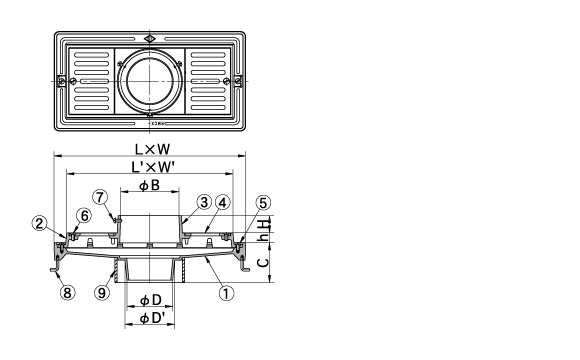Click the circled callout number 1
click(x=226, y=293)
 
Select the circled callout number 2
click(x=39, y=223)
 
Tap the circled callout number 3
click(x=204, y=202)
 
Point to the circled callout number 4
click(x=222, y=202)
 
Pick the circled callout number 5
click(x=263, y=203)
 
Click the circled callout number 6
click(x=84, y=216)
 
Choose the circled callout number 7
click(x=100, y=197)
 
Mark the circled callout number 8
click(x=67, y=293)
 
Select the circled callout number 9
click(x=102, y=293)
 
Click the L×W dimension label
click(x=152, y=149)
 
